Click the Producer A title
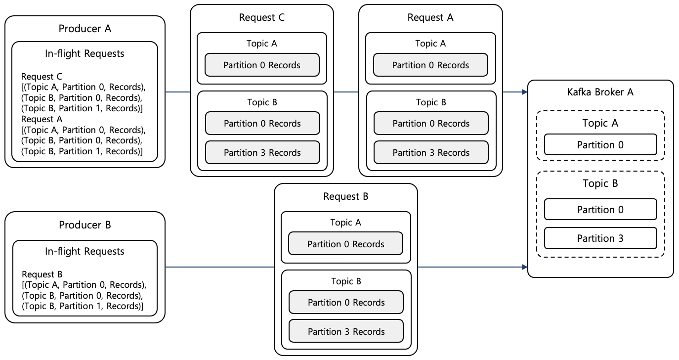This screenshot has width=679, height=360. point(85,29)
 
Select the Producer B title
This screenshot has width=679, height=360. point(85,225)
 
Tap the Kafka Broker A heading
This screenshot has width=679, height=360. point(600,92)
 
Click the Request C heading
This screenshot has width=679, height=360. point(262,18)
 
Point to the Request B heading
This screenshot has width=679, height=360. point(346,197)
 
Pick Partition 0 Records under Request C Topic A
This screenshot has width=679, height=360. point(262,65)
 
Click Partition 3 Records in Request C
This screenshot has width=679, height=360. point(262,152)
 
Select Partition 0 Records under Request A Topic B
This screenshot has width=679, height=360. point(431,123)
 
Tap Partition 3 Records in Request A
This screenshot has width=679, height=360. point(431,152)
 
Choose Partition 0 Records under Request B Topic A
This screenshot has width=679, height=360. point(346,244)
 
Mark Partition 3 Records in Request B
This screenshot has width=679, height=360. point(346,331)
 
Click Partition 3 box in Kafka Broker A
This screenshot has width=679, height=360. point(600,238)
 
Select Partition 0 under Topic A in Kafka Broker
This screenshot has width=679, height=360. point(600,145)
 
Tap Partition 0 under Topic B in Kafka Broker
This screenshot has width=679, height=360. point(600,210)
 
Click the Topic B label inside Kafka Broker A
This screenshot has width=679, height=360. point(600,183)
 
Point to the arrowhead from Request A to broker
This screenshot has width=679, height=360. point(524,92)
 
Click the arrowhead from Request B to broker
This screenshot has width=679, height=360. point(524,268)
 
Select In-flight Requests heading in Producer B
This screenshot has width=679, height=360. point(85,251)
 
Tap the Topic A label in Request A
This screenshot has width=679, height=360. point(430,44)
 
